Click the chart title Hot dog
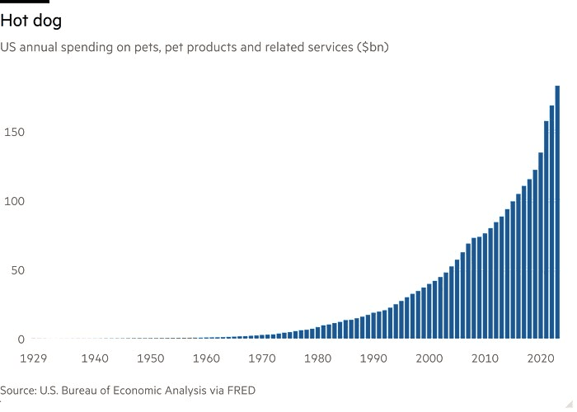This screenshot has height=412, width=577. [x=30, y=21]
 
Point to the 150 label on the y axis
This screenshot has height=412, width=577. [x=13, y=133]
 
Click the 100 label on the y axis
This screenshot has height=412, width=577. [x=13, y=202]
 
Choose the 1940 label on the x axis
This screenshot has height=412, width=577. [x=96, y=358]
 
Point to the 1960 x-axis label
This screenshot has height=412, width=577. [x=206, y=358]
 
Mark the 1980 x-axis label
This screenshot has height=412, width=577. [x=317, y=358]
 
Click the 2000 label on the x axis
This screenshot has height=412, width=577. [x=429, y=358]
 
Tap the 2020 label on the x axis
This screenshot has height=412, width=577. [x=540, y=358]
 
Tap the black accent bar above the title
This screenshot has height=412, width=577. [x=25, y=2]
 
